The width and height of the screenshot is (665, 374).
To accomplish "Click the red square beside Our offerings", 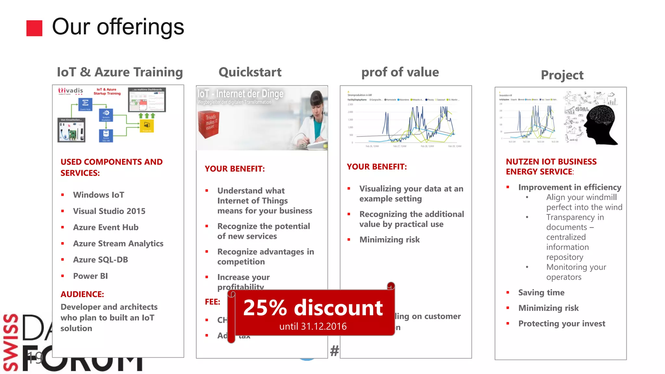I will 34,28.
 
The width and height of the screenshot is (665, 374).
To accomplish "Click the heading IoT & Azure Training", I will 119,72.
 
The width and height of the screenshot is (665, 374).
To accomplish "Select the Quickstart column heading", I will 250,72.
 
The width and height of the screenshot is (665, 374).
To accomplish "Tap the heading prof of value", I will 400,72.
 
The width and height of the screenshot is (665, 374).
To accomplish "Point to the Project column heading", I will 562,75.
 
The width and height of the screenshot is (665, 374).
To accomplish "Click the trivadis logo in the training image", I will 70,91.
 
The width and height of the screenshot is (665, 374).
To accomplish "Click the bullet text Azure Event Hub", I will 106,227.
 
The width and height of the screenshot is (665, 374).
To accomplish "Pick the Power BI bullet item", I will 90,276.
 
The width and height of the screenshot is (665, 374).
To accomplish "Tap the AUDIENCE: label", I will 82,294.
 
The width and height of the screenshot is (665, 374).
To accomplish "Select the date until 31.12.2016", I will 313,326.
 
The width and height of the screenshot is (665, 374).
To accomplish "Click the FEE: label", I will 212,302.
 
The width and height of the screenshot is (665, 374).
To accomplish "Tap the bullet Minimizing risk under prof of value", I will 389,240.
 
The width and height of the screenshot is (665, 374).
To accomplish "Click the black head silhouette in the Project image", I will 601,123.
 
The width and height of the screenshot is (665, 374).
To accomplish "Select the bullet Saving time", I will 541,293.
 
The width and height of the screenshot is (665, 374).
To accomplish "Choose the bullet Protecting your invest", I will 561,324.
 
